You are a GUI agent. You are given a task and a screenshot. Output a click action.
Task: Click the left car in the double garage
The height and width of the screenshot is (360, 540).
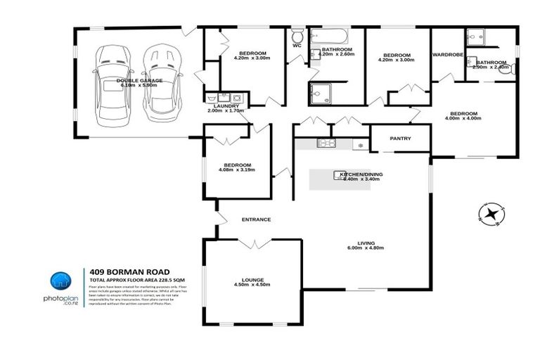pyautogui.click(x=113, y=82)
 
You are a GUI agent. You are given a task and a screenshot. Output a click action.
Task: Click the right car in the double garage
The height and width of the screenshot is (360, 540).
pyautogui.click(x=160, y=82)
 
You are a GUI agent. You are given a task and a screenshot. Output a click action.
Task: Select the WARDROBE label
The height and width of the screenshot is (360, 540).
pyautogui.click(x=446, y=54)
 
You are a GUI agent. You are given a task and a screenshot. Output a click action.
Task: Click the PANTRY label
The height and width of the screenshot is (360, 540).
pyautogui.click(x=399, y=139)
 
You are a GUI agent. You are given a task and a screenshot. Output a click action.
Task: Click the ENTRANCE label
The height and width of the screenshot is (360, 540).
pyautogui.click(x=256, y=219)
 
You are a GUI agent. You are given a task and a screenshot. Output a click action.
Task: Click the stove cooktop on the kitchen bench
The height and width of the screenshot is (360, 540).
pyautogui.click(x=327, y=144)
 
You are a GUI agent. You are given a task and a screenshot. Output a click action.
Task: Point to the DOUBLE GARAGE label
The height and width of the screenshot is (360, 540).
pyautogui.click(x=139, y=80)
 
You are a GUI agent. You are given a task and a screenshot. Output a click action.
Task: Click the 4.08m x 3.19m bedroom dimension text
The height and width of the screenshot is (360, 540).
pyautogui.click(x=235, y=170)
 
